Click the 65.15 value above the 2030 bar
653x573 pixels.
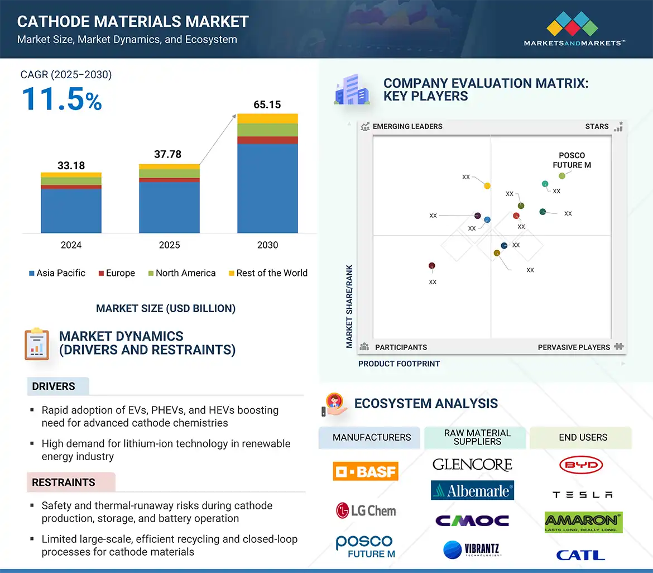point(267,104)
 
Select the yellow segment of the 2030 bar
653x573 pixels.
point(267,118)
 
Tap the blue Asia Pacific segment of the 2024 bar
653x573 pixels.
point(71,211)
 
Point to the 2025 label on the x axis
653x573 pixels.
point(169,245)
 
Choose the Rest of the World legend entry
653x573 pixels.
point(268,273)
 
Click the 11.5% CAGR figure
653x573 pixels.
point(61,98)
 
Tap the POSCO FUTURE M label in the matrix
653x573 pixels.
point(572,160)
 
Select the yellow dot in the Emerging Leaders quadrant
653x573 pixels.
point(487,186)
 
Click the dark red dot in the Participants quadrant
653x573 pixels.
point(431,266)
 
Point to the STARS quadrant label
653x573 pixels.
point(597,127)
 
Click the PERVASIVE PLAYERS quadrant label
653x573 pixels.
point(574,347)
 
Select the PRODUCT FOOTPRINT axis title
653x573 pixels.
point(399,364)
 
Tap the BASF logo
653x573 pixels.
point(366,471)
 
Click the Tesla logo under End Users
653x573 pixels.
point(582,495)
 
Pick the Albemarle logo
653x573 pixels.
point(472,490)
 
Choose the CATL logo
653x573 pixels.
point(580,555)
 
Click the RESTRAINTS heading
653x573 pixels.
point(64,483)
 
